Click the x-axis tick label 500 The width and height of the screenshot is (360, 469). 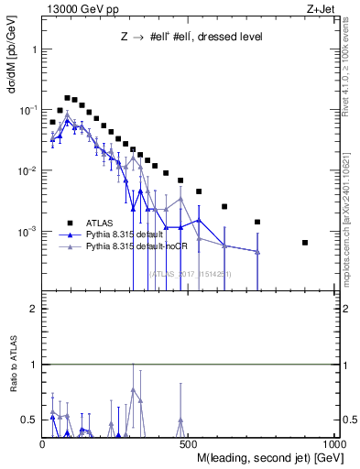[190, 446]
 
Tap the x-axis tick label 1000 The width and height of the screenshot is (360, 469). [333, 446]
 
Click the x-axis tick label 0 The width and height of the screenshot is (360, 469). [42, 446]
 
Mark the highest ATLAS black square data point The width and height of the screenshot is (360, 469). [67, 97]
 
